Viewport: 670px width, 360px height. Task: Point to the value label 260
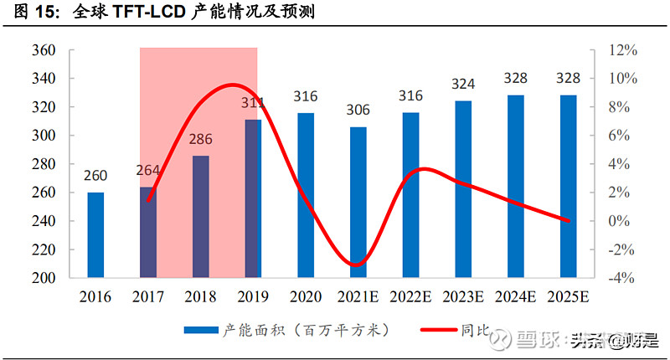click(96, 176)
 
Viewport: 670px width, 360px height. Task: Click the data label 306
click(358, 111)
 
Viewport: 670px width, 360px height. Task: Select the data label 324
click(463, 85)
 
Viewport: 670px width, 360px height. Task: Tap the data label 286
click(201, 139)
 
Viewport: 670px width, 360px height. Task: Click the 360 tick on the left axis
click(44, 50)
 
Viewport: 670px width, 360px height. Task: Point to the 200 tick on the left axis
click(44, 278)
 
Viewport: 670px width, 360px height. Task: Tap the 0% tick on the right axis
click(622, 221)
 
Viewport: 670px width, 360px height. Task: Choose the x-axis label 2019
click(253, 296)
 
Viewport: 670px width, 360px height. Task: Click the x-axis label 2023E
click(463, 296)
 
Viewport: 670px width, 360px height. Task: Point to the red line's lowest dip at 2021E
click(357, 265)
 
